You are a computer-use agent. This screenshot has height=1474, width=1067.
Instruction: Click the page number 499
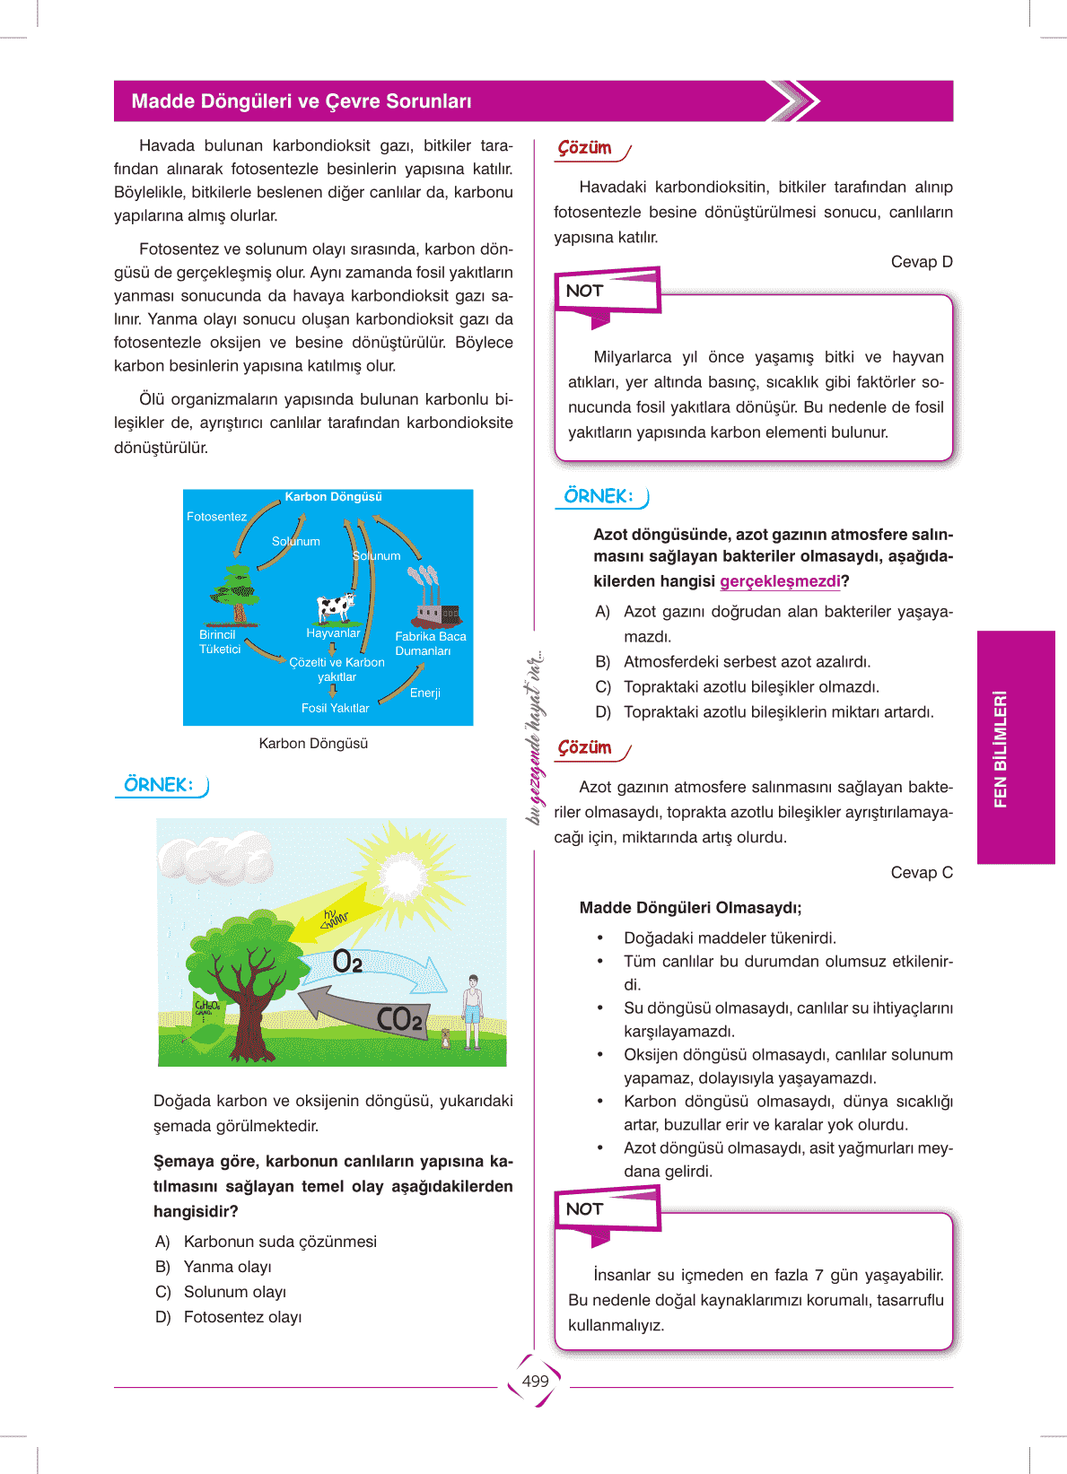535,1381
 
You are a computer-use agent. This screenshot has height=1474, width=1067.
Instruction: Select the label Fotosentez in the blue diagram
216,517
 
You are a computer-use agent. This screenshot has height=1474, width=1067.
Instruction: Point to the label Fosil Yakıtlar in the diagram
335,708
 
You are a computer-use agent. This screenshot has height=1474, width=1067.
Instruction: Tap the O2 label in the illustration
347,962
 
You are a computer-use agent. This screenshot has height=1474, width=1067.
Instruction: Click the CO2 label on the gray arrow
398,1018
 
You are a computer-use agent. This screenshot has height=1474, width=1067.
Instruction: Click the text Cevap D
922,262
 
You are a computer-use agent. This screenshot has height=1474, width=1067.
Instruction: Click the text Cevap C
922,873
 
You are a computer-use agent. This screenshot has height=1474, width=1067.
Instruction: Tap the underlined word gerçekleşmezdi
780,581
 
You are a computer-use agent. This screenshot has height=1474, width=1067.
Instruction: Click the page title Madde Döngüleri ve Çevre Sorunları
302,101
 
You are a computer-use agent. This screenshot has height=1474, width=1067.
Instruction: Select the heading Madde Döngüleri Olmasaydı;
690,908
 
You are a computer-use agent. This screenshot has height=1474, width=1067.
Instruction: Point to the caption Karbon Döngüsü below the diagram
313,744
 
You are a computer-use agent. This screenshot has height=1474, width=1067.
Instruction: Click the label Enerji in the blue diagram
424,693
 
